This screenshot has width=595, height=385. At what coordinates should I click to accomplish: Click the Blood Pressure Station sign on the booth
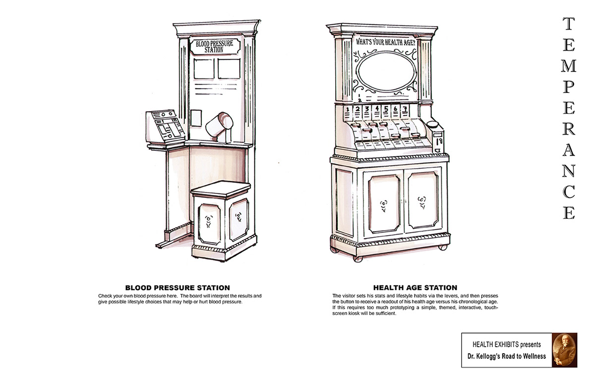(214, 47)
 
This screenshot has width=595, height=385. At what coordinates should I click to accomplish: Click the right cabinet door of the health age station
(423, 200)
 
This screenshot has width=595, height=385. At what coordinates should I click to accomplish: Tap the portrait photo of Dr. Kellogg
(564, 350)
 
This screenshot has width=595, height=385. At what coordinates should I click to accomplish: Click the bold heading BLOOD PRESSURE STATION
(177, 288)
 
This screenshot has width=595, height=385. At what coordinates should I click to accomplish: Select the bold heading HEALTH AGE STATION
(415, 288)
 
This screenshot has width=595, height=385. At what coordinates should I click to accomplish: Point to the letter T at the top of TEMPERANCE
(569, 23)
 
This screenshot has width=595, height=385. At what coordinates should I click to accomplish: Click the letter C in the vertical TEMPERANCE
(569, 191)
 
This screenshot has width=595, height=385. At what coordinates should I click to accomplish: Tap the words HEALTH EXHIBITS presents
(506, 344)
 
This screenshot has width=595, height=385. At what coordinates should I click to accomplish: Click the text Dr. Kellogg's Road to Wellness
(506, 356)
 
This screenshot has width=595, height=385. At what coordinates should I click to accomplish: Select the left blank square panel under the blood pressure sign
(203, 68)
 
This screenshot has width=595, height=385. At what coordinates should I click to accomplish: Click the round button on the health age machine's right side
(432, 124)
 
